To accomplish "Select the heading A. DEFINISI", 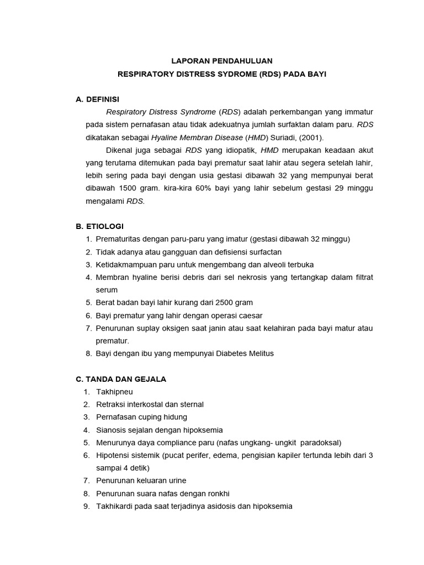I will pos(97,99).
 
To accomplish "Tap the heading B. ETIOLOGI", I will pos(99,226).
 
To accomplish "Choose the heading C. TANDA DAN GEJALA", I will pos(120,379).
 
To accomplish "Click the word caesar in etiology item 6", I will pos(251,315).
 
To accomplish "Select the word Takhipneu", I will pos(114,392).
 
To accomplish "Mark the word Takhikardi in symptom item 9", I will pos(115,506).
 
